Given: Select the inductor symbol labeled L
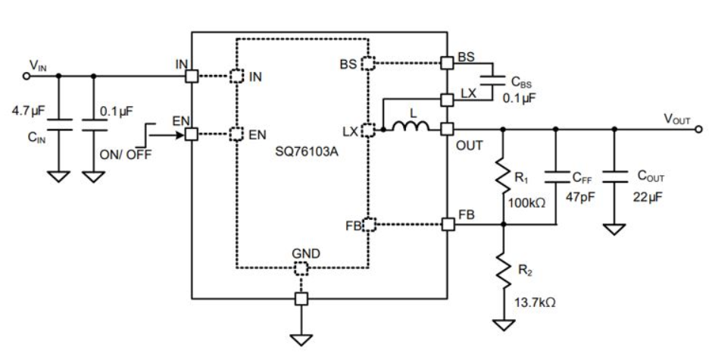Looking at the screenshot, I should [410, 130].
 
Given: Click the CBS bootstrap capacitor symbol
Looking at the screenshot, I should [492, 78].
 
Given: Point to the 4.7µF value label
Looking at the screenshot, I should [28, 111].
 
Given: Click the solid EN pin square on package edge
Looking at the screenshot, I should [192, 134].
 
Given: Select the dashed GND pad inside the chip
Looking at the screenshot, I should [301, 269].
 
